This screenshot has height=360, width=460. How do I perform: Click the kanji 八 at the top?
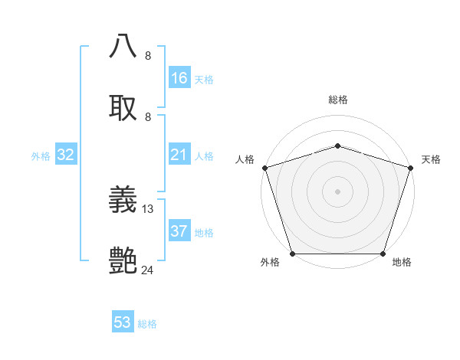click(x=124, y=46)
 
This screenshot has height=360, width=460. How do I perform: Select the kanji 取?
click(x=124, y=107)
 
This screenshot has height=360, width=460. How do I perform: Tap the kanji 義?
click(x=124, y=201)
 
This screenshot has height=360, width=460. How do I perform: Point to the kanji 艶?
click(x=124, y=260)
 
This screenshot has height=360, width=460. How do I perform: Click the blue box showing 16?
click(x=179, y=78)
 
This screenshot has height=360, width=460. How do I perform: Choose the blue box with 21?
click(x=179, y=155)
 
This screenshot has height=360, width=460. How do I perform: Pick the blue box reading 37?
click(x=179, y=231)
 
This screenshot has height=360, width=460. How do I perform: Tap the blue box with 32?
click(x=66, y=155)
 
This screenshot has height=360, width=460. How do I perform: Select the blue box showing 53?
click(x=123, y=322)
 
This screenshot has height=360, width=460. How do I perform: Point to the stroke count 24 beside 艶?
click(x=148, y=270)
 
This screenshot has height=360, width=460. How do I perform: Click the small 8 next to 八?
click(x=148, y=55)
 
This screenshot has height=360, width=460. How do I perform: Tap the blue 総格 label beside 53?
click(x=147, y=324)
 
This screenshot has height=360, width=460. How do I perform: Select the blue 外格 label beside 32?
click(x=41, y=156)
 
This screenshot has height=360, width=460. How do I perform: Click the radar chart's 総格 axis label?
click(x=338, y=100)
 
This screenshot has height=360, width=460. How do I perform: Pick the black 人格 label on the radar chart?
click(x=245, y=159)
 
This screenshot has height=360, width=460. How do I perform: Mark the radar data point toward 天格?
click(x=410, y=168)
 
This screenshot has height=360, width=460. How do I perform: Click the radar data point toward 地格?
click(x=383, y=254)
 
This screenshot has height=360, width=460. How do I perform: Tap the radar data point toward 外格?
click(x=293, y=254)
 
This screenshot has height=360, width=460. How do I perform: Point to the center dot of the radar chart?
click(x=337, y=191)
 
